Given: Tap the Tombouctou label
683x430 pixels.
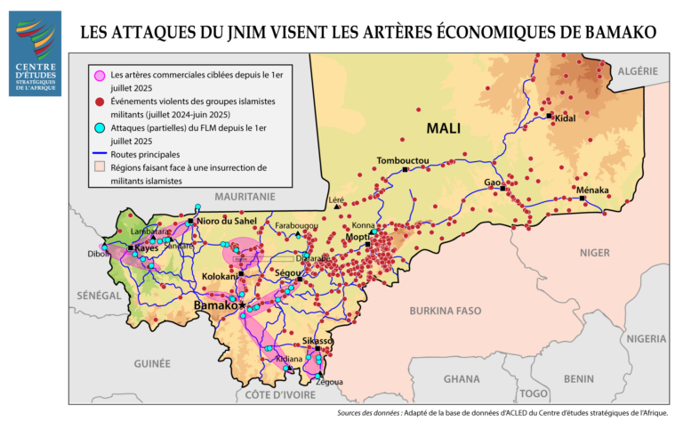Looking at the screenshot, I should click(403, 160).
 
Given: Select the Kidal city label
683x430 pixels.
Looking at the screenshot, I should click(566, 118).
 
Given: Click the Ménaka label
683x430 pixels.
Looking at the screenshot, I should click(592, 191).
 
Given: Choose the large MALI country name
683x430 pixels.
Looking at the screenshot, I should click(443, 128).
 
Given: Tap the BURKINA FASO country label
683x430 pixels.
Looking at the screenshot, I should click(451, 312).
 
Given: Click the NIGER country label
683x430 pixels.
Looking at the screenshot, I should click(595, 253).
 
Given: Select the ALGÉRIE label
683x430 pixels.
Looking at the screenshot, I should click(638, 70).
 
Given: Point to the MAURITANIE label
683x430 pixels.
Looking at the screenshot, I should click(245, 196).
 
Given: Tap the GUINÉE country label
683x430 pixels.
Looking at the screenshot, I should click(152, 363).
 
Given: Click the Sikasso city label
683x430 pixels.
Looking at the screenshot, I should click(317, 341).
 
